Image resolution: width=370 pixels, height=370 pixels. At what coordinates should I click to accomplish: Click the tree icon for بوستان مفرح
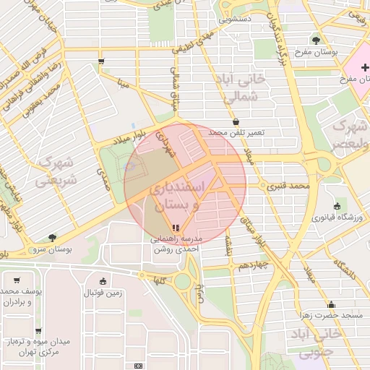[x=317, y=40]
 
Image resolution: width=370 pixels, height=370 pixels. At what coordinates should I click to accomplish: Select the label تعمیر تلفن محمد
[x=237, y=133]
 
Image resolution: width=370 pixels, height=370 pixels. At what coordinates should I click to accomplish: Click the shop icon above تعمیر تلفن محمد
[x=237, y=121]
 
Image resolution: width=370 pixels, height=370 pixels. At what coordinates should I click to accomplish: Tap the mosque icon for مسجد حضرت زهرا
[x=331, y=304]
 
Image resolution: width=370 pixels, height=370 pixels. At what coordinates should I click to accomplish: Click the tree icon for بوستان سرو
[x=51, y=237]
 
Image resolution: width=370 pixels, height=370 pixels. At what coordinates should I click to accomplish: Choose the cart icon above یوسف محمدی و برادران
[x=17, y=279]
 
